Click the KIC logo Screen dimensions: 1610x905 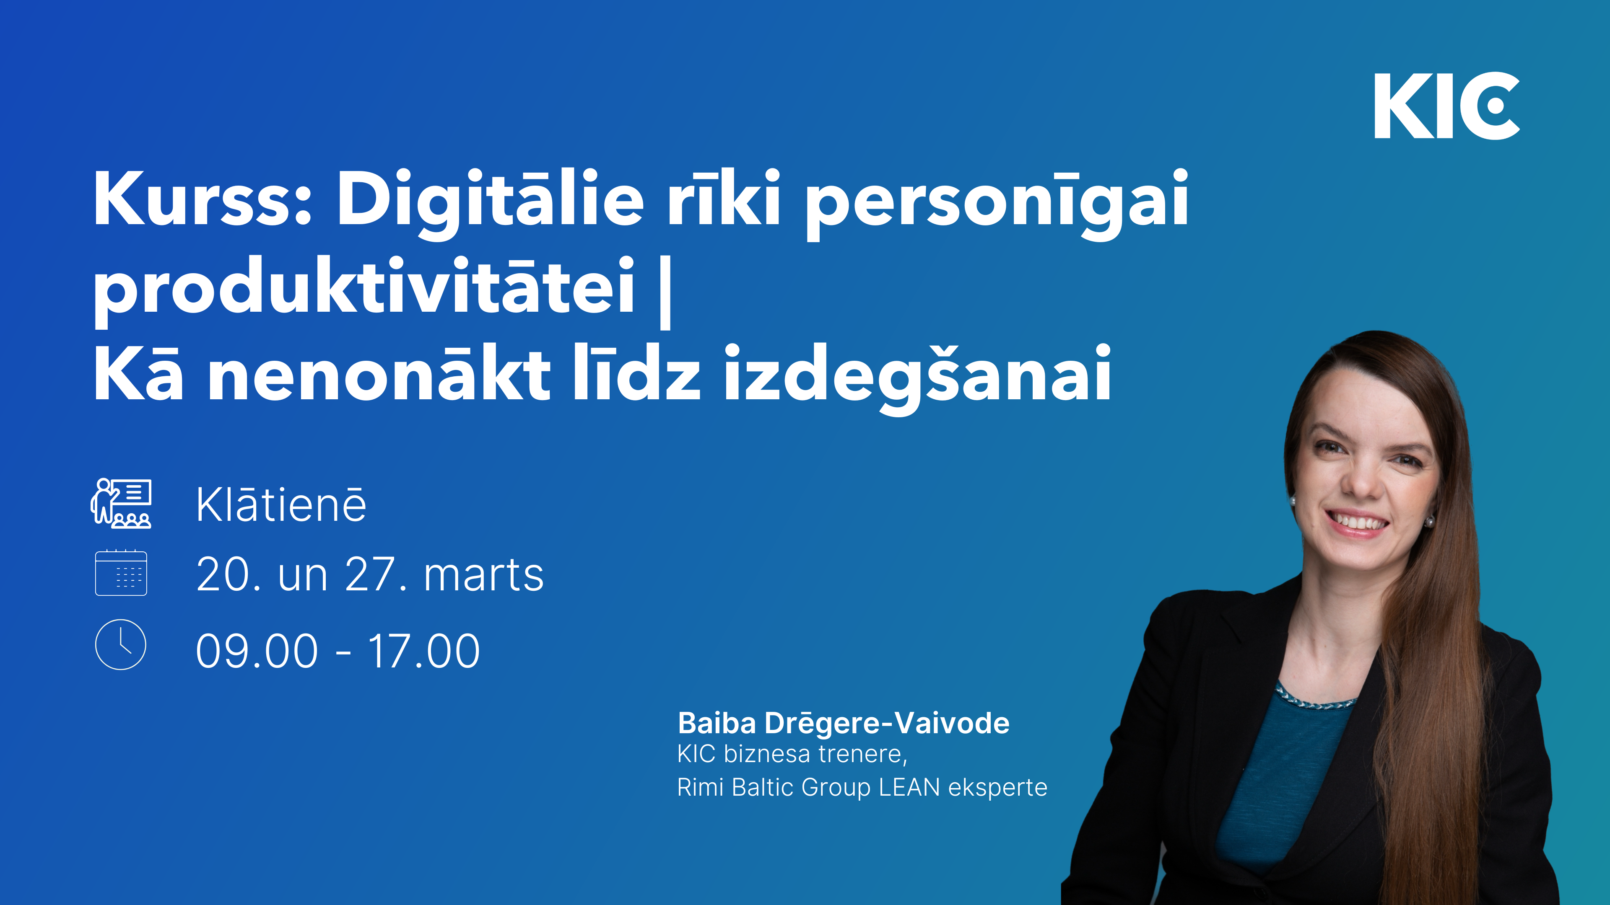pyautogui.click(x=1446, y=106)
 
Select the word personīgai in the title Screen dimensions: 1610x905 pyautogui.click(x=997, y=203)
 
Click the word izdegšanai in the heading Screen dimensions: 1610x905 pyautogui.click(x=917, y=375)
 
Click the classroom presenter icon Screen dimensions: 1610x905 pyautogui.click(x=121, y=503)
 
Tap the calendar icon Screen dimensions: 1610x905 pyautogui.click(x=121, y=573)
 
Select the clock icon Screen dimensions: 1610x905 pyautogui.click(x=121, y=644)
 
